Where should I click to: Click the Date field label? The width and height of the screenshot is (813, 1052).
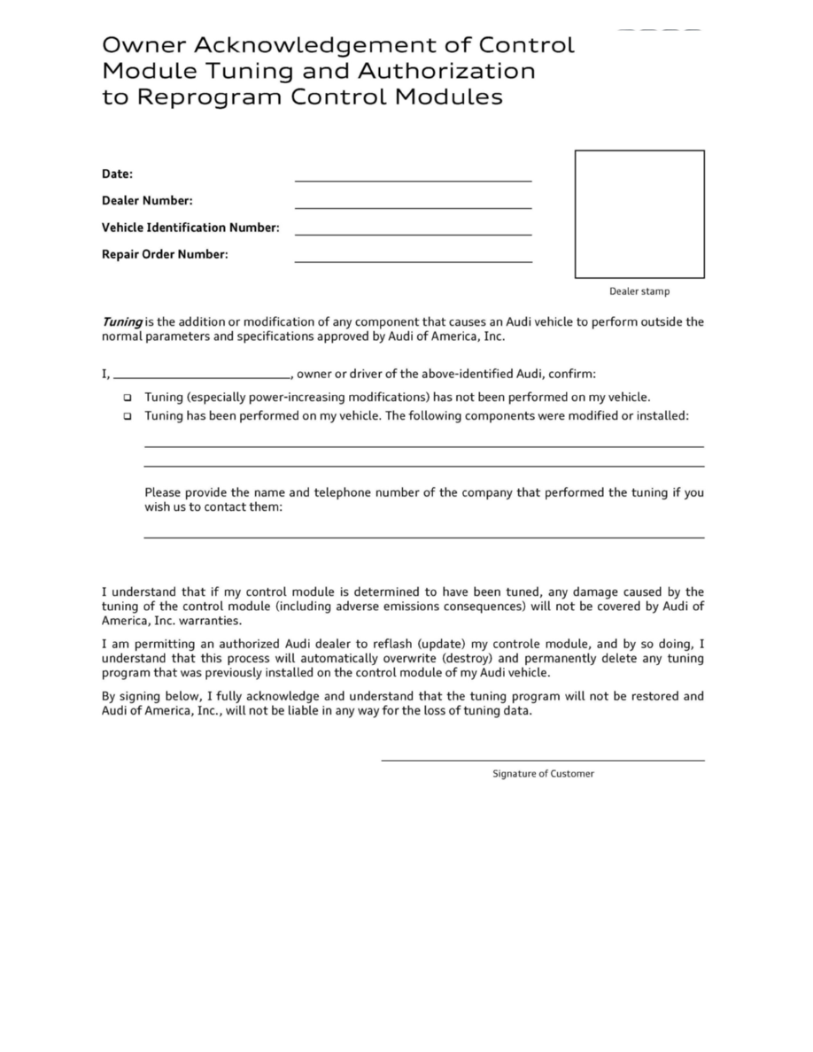coord(117,174)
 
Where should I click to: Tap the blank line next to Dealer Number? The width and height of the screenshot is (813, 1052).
coord(413,207)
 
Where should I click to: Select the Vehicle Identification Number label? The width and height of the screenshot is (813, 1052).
coord(190,228)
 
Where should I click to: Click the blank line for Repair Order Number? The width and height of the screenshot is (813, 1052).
coord(413,260)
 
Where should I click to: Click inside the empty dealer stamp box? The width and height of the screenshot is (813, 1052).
coord(639,214)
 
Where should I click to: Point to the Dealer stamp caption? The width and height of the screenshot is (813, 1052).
coord(639,291)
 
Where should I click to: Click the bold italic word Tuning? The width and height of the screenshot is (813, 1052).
coord(121,321)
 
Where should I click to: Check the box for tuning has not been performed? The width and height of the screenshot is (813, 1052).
coord(128,398)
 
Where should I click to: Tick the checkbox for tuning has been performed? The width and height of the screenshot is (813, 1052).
coord(128,415)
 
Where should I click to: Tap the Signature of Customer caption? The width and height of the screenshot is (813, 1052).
coord(543,774)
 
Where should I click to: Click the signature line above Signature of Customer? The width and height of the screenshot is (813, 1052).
coord(543,759)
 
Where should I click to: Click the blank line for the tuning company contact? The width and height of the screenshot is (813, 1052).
coord(423,536)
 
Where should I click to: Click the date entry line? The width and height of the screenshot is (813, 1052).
coord(413,180)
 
